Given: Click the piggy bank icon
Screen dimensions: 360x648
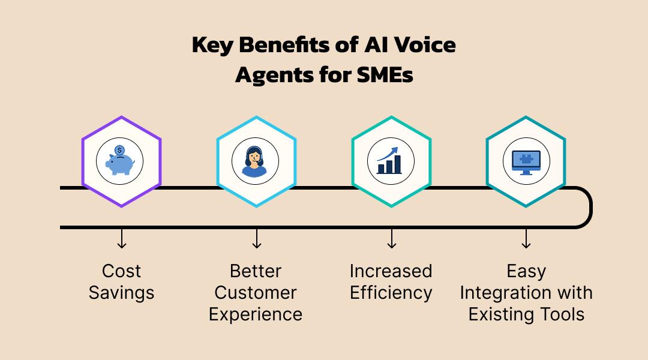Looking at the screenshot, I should (x=121, y=163).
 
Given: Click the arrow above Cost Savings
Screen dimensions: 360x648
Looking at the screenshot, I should (x=122, y=238).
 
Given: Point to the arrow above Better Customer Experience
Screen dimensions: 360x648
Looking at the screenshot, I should (x=257, y=238).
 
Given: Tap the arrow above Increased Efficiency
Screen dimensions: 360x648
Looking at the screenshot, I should (x=391, y=238).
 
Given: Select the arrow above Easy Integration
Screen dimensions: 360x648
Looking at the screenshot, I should (x=526, y=238).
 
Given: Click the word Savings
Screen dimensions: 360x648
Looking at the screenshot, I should (x=122, y=293).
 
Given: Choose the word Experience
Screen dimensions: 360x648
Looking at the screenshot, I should (x=256, y=314).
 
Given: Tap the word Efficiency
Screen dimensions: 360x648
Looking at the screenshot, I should (x=391, y=293).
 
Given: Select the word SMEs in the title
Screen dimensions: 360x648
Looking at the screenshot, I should (x=385, y=76).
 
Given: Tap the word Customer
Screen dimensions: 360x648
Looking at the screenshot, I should (x=256, y=293).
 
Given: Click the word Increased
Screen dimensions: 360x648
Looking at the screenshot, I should (x=391, y=271).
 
